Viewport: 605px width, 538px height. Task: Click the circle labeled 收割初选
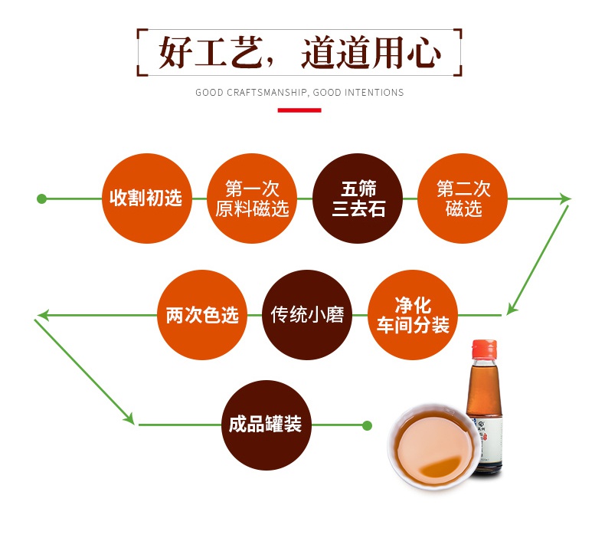pos(146,198)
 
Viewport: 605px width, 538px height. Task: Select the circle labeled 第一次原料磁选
pos(252,198)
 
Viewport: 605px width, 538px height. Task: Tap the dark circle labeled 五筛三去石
pos(358,198)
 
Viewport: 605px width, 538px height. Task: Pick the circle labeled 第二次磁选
pos(463,198)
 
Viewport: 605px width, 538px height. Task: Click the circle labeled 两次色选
pos(202,315)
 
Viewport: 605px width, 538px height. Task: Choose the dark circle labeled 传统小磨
pos(307,315)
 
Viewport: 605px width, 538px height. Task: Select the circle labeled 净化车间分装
pos(412,315)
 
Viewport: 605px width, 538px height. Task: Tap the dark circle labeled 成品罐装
pos(265,425)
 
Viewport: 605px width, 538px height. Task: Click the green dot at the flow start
pos(42,199)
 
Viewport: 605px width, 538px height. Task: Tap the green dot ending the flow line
pos(367,425)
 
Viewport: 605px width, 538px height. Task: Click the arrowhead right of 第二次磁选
pos(565,199)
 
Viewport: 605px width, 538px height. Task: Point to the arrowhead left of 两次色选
pos(43,315)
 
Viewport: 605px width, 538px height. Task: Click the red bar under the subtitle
pos(299,110)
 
